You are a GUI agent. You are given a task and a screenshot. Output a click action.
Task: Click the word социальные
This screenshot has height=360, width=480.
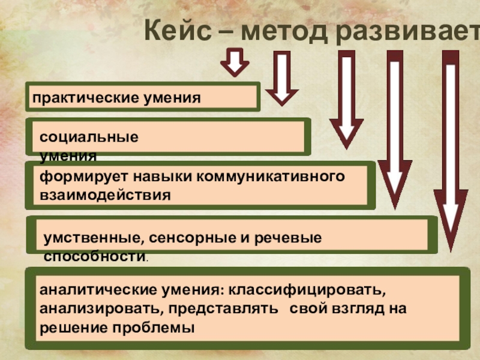coord(89,137)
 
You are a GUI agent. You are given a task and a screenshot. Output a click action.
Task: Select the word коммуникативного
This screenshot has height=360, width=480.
coord(273,177)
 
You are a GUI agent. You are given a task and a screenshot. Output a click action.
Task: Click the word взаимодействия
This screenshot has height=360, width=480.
coord(105,195)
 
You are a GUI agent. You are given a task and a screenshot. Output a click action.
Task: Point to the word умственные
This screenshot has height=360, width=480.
coord(91,238)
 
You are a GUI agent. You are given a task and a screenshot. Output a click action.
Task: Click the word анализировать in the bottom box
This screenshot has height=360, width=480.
coord(101,310)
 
